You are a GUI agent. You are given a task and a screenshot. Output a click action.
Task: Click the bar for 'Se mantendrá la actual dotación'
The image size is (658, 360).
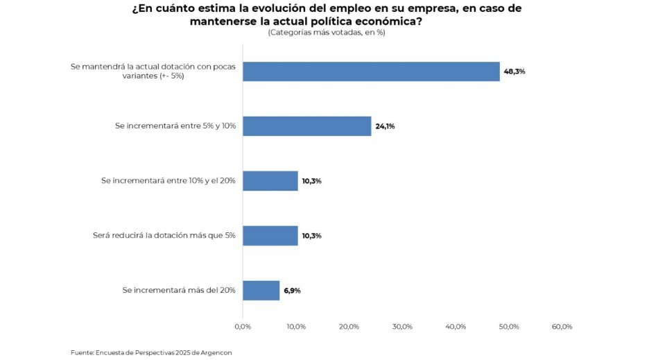click(x=371, y=71)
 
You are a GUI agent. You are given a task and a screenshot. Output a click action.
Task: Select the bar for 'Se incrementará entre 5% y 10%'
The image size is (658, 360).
click(x=306, y=126)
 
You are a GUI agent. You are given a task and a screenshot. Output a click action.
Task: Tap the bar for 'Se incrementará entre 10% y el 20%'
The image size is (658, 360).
click(x=270, y=181)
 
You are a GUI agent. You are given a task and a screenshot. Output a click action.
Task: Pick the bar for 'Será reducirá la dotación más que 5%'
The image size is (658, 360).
click(x=270, y=236)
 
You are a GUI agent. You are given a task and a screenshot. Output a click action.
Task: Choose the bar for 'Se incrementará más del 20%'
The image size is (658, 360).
click(x=261, y=291)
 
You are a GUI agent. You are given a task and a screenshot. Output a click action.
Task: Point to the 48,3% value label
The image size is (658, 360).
click(x=515, y=71)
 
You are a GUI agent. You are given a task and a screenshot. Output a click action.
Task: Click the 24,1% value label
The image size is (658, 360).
click(x=386, y=126)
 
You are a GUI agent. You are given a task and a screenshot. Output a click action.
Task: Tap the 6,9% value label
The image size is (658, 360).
click(x=292, y=291)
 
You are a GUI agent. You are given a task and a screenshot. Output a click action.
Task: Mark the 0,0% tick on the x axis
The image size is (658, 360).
click(x=243, y=327)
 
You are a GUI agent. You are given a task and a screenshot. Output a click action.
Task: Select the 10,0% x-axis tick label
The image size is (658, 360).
click(x=296, y=327)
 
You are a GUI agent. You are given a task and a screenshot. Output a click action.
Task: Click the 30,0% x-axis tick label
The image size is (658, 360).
click(x=402, y=327)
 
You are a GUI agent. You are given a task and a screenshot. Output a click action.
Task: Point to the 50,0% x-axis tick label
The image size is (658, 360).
click(x=509, y=327)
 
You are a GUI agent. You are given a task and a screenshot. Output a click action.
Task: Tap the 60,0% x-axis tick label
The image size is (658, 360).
click(x=562, y=327)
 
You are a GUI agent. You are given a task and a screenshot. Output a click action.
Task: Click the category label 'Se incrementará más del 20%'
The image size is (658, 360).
click(x=179, y=291)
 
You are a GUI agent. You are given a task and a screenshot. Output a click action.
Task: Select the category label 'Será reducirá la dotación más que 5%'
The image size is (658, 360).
click(x=164, y=236)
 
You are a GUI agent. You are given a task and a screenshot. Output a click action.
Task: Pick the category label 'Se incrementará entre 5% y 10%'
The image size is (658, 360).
click(x=175, y=126)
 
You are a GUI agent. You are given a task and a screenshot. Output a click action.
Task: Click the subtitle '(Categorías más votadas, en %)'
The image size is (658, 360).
click(x=326, y=33)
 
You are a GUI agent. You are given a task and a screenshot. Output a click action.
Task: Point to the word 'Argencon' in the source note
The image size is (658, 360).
click(x=215, y=352)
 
